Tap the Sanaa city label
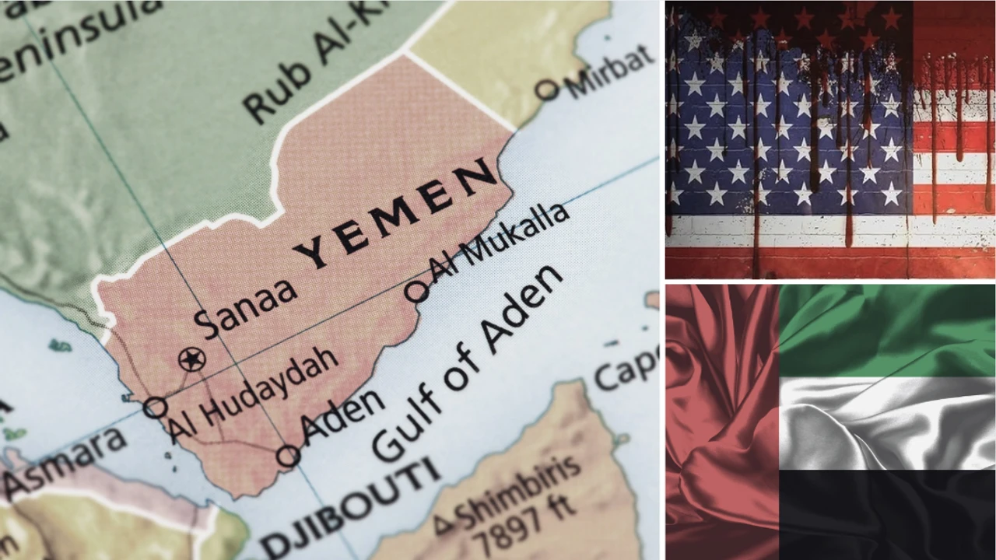246,307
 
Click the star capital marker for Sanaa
191,359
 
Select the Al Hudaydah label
254,395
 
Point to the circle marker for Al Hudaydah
155,407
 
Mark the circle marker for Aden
288,456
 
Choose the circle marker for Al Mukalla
416,292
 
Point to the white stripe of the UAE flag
887,424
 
